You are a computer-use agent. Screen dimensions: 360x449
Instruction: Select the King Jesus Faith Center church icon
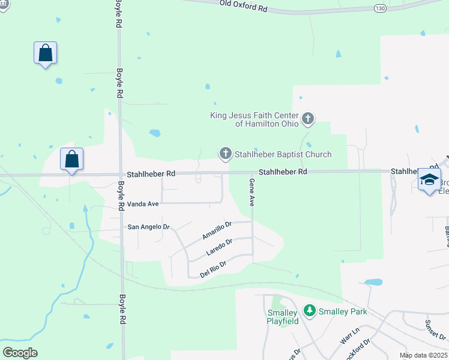(308, 119)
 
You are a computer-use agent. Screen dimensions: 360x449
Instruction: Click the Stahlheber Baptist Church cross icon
(226, 154)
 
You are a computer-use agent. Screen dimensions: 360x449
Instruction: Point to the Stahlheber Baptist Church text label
(283, 154)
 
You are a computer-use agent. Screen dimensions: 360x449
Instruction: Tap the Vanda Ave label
(143, 204)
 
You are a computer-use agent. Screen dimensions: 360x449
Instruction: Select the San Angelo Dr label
(149, 227)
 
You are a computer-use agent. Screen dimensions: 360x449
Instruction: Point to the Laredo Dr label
(219, 246)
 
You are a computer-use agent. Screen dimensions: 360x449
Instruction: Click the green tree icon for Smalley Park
(310, 311)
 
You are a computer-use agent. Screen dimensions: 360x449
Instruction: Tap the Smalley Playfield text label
(282, 317)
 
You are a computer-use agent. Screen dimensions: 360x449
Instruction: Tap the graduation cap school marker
(429, 179)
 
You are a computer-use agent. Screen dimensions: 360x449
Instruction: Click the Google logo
(20, 352)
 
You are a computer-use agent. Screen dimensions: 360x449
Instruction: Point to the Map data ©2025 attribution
(423, 355)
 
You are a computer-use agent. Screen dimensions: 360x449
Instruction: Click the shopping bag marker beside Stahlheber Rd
(71, 160)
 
